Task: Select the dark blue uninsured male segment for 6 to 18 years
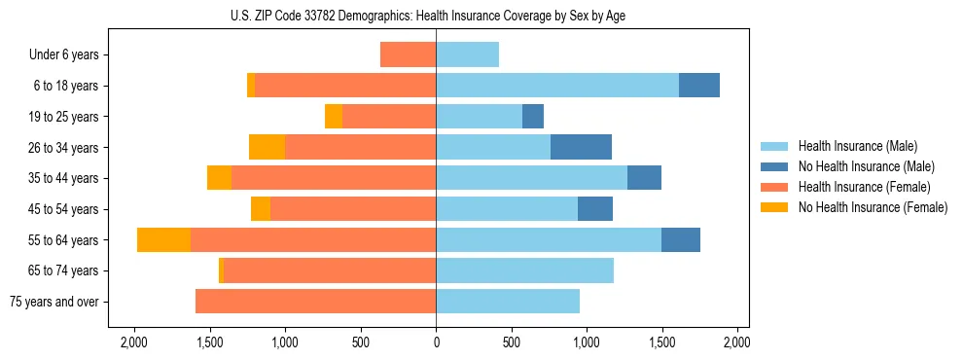point(698,86)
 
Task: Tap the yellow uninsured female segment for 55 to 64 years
point(163,240)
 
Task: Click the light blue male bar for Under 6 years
point(467,54)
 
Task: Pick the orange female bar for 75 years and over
point(315,302)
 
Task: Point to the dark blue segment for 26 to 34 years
point(581,147)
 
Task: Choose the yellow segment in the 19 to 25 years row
point(334,117)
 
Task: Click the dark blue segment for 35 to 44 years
point(644,178)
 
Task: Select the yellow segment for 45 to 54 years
point(261,209)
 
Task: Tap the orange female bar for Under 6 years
point(408,54)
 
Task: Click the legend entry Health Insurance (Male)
point(857,146)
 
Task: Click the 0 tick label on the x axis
point(436,342)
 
